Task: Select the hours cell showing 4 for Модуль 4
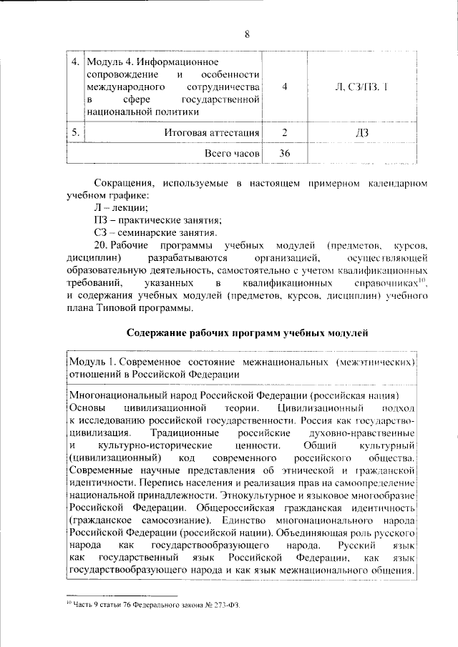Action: coord(285,86)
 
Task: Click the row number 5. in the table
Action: coord(74,133)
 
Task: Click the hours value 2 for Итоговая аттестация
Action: coord(285,133)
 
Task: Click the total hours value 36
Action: coord(285,154)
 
